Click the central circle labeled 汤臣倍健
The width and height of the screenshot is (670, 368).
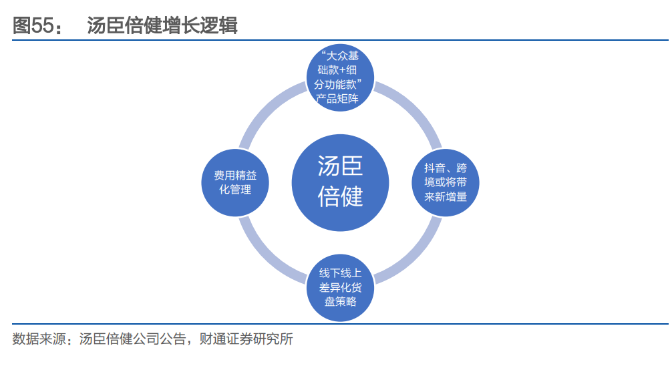point(340,182)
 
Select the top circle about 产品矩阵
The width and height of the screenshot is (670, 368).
point(340,79)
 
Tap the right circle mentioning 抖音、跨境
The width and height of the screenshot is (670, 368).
point(444,182)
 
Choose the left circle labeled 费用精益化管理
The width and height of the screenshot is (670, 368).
point(235,182)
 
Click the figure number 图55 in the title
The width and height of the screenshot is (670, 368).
point(33,26)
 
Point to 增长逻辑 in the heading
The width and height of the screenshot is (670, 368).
point(209,26)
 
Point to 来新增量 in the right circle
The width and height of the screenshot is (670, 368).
point(446,197)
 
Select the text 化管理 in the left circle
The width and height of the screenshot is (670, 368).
point(235,190)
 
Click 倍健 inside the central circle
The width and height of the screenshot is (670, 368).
point(340,196)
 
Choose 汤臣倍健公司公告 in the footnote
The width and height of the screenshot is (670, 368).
point(132,339)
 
